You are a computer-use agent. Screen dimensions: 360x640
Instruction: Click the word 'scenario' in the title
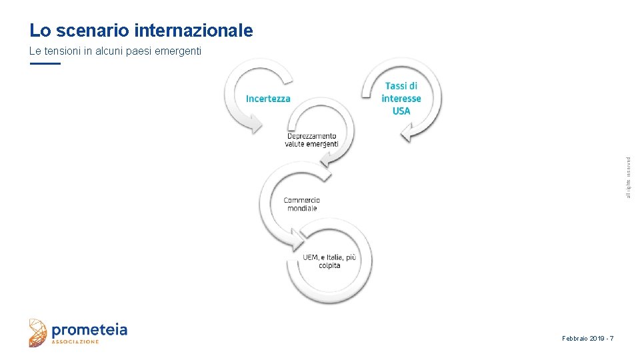(x=93, y=31)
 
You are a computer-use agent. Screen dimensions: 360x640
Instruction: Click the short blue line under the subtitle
(x=45, y=63)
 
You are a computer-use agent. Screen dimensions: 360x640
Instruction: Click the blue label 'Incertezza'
(x=268, y=99)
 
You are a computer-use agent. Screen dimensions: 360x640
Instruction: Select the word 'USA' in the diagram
(x=401, y=111)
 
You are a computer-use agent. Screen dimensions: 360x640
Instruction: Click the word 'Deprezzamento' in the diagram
(x=311, y=136)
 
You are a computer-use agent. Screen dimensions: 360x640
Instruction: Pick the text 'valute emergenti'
(x=311, y=144)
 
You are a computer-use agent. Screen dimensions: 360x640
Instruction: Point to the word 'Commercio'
(x=301, y=200)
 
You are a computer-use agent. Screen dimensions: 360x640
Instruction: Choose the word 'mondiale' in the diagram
(x=301, y=208)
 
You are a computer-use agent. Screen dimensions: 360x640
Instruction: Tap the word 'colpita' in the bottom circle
(x=329, y=265)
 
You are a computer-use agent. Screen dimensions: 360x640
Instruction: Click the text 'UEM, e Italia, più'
(x=329, y=257)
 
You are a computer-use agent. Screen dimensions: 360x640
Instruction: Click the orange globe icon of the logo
(x=39, y=333)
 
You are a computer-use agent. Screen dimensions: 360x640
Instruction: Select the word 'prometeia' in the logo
(x=89, y=329)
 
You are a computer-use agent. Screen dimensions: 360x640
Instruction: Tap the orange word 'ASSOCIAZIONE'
(x=75, y=342)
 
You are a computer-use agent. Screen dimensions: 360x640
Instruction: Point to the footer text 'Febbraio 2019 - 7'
(x=587, y=339)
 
